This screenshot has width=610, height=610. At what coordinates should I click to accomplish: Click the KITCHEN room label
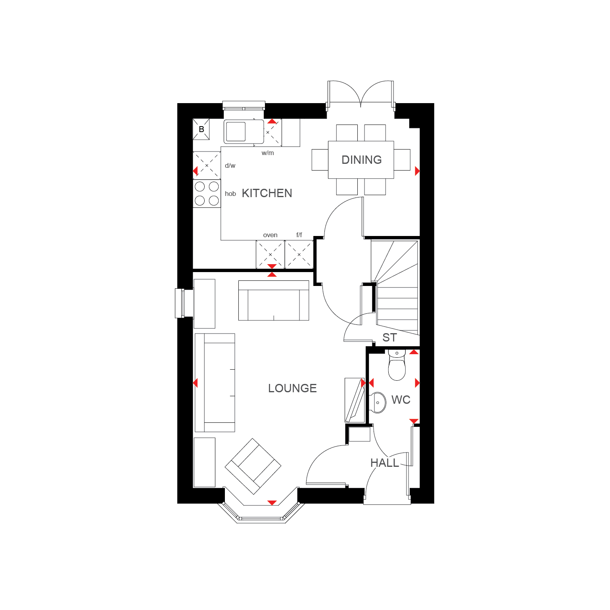click(267, 193)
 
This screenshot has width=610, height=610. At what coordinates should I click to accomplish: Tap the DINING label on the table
click(361, 160)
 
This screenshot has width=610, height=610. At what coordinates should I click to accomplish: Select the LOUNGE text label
click(292, 388)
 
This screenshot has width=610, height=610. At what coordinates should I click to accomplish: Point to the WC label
click(401, 400)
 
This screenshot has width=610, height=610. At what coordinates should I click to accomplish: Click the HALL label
click(385, 463)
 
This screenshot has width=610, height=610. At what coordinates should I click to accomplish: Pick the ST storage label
click(389, 338)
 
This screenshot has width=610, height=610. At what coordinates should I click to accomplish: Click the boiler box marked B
click(201, 129)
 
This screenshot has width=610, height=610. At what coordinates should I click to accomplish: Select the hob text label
click(230, 194)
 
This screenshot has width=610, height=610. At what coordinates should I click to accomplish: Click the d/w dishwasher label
click(230, 165)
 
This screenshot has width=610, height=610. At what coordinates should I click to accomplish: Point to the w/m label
click(268, 153)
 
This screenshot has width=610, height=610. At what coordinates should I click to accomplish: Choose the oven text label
click(270, 235)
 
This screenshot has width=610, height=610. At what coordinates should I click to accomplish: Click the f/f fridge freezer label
click(299, 235)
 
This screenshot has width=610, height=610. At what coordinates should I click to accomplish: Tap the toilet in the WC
click(397, 364)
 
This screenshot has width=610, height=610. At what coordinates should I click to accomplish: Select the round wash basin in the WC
click(378, 403)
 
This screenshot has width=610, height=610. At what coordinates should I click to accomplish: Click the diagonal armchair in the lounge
click(253, 466)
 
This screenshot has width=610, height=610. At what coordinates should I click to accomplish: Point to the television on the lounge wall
click(355, 400)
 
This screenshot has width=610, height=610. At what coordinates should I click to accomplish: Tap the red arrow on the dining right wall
click(417, 171)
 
